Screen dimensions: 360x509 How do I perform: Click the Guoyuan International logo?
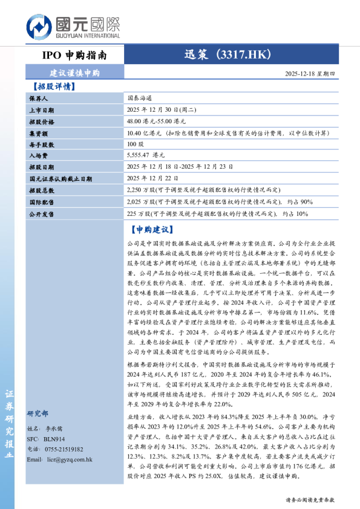click(73, 28)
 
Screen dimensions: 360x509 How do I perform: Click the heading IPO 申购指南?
click(74, 55)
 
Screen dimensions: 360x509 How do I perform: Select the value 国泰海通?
click(139, 98)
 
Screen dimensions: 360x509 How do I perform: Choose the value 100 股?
click(136, 144)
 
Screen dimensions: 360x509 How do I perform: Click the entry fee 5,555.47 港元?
click(146, 156)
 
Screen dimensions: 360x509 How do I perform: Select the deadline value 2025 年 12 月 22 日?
click(153, 179)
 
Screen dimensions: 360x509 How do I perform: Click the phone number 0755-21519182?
click(63, 449)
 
